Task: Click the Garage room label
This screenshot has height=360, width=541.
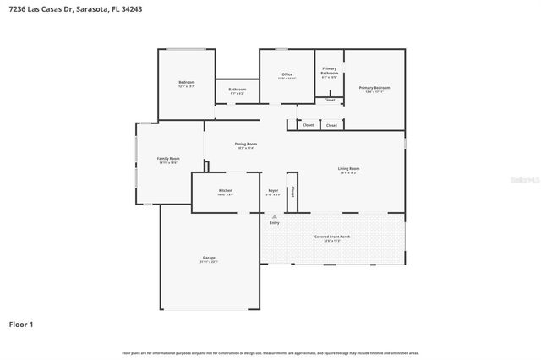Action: pos(209,258)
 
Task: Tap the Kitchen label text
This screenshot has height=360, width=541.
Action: pos(226,191)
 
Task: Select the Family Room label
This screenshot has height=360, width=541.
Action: pos(168,159)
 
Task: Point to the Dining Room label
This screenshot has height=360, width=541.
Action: pos(246,145)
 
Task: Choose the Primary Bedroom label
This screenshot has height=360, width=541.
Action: pos(374,88)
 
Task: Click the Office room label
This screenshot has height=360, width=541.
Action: pos(287,75)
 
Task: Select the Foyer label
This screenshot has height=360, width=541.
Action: pos(274,191)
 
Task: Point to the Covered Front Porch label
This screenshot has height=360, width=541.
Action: pos(332,237)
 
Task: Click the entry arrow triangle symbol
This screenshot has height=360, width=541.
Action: pos(274,216)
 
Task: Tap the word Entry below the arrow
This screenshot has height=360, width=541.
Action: pos(274,223)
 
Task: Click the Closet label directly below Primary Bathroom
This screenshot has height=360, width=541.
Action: pos(330,100)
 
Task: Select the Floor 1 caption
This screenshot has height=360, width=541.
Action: pos(22,324)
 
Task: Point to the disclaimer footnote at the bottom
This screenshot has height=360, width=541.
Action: pos(270,352)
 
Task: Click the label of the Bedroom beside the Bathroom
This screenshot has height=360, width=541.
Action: pos(186,82)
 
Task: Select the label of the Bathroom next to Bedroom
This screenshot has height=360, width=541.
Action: pos(237,90)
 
